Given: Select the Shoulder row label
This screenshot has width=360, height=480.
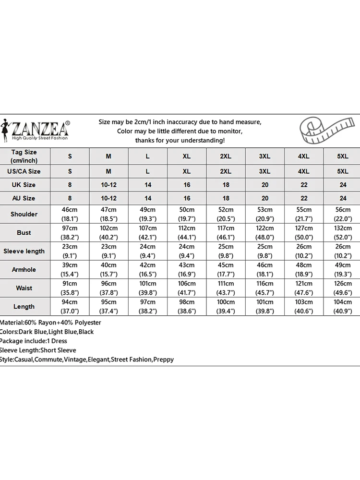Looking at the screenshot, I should point(24,214).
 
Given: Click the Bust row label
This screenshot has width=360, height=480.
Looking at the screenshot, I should point(24,233).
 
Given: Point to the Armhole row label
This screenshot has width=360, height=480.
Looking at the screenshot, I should point(24,270).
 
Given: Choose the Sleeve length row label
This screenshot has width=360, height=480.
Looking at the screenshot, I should point(24,251).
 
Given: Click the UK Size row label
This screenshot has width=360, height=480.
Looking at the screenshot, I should point(24,185).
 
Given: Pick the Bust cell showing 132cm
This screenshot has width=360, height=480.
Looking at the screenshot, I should point(343,228).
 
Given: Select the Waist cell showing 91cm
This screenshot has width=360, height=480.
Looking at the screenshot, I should point(70,284).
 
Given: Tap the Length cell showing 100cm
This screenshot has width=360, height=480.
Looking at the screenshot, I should point(226,302).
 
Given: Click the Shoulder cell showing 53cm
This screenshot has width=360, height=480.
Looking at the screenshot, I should point(264,210).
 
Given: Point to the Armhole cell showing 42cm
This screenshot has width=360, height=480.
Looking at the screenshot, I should point(147,265).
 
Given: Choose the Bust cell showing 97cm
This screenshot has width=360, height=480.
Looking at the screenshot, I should point(70,228).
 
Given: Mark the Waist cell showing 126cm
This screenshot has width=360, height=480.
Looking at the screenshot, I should point(343,284).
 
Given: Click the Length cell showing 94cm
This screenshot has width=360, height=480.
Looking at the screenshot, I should point(70,302).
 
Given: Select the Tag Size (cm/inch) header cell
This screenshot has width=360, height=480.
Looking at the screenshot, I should point(24,156).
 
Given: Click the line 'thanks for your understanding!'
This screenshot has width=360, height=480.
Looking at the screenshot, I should point(180,140).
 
